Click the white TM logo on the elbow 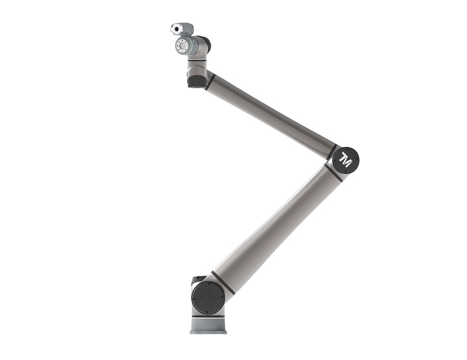click(x=346, y=160)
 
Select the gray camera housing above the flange click(x=182, y=29)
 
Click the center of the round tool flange click(x=182, y=46)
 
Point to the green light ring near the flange click(x=194, y=46)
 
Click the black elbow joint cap click(x=346, y=160)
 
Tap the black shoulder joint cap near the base click(x=208, y=297)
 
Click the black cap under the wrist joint click(x=196, y=82)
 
